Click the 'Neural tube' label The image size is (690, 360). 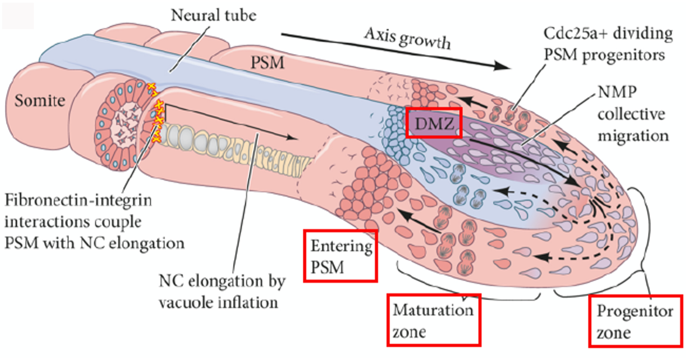pos(213,16)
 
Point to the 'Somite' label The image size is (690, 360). pos(40,100)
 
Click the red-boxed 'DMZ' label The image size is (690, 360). pos(434,122)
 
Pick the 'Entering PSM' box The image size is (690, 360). pos(341,256)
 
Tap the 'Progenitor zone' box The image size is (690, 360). pos(635,321)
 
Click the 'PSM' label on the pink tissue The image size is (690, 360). pos(267,62)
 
